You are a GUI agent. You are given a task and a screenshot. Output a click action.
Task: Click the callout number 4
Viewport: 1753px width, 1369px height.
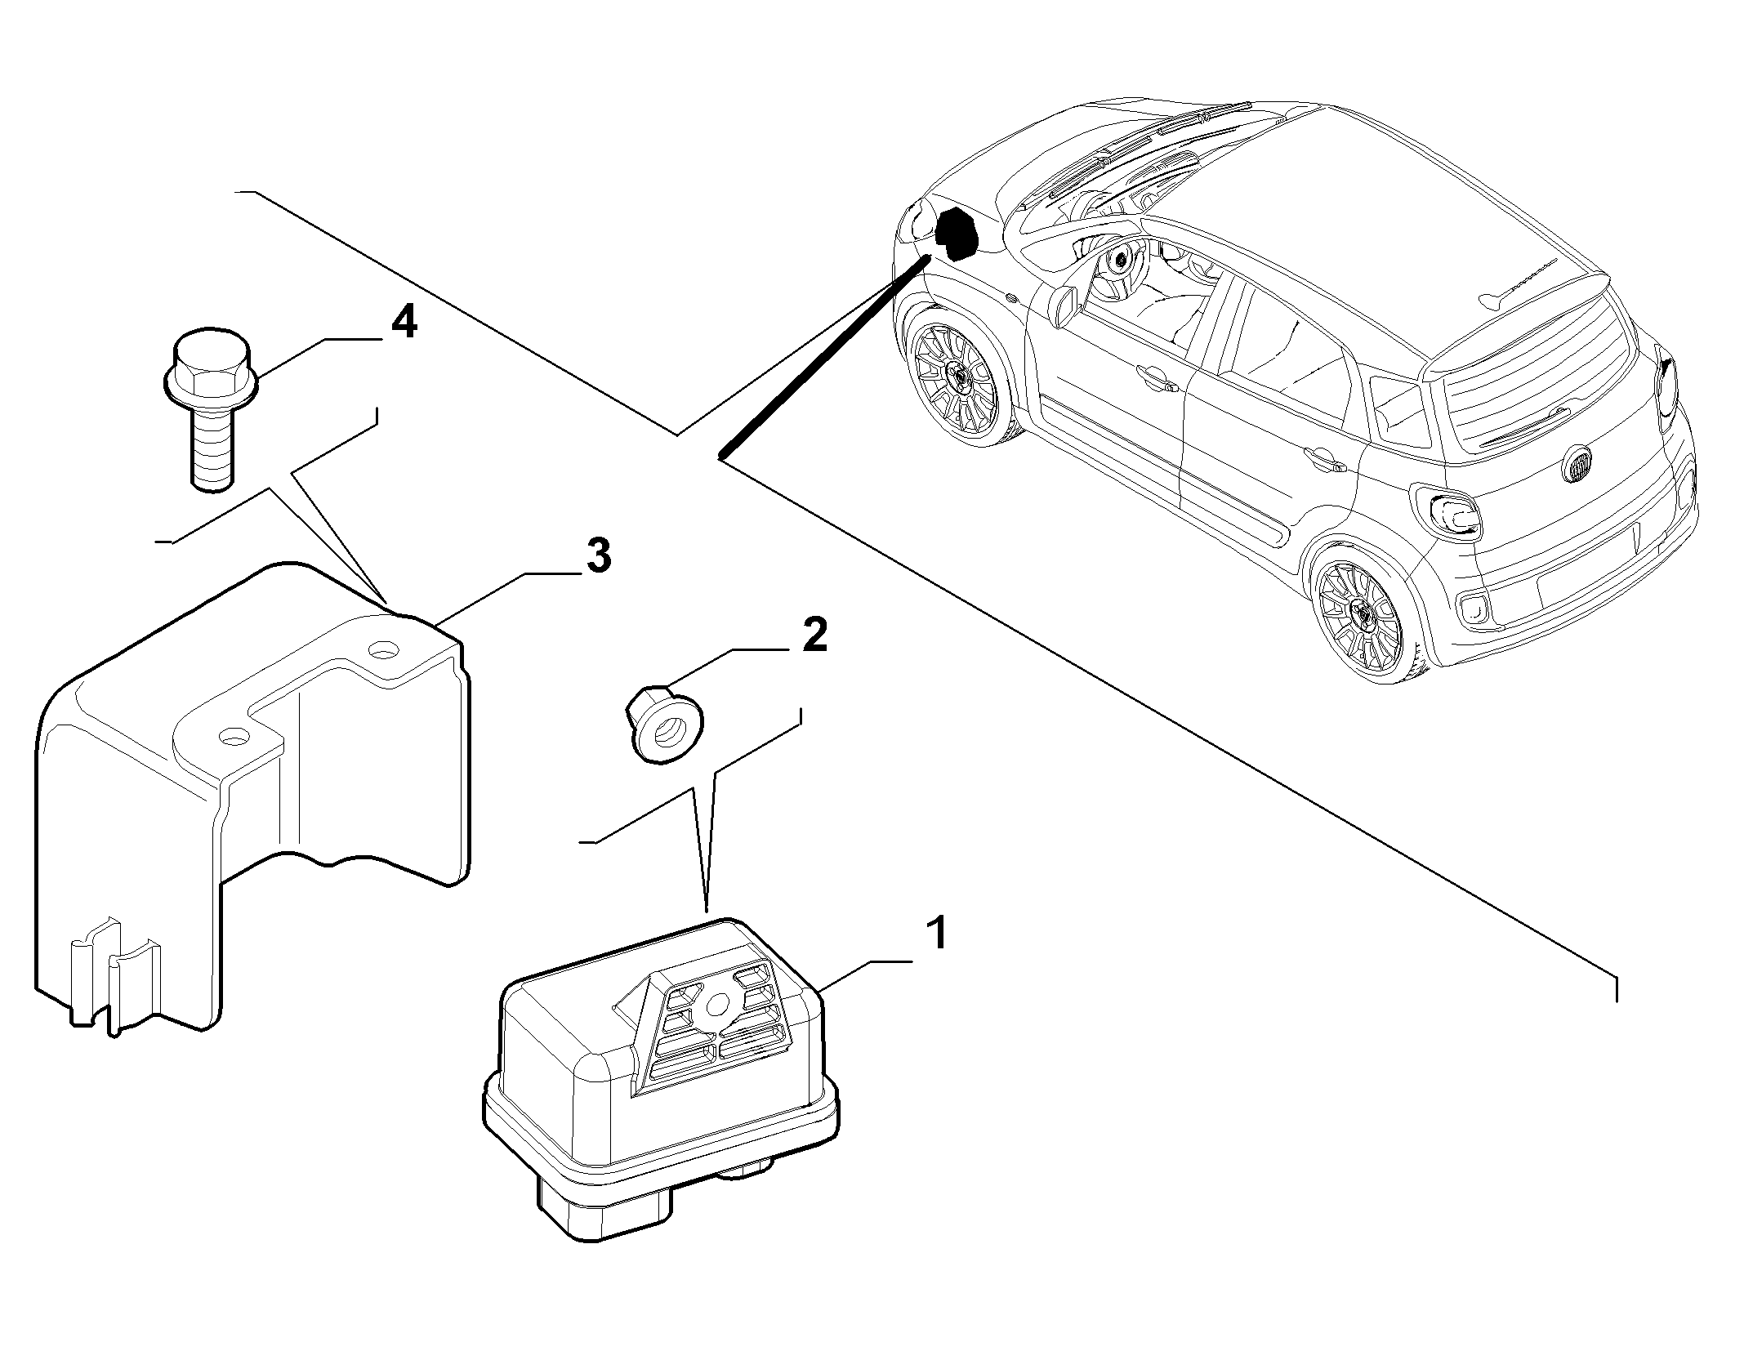pos(404,324)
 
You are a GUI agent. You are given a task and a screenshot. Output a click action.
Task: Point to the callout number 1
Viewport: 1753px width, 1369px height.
pos(936,934)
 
